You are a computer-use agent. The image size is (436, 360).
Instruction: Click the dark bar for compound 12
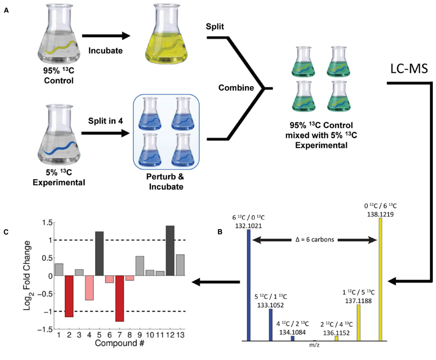point(170,251)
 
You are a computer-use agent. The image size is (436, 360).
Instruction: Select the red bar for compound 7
point(119,298)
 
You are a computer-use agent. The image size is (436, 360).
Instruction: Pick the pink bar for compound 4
point(89,288)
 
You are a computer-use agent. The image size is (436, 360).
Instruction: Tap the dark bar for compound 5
point(99,254)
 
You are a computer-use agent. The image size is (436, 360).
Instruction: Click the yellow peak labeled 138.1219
point(380,279)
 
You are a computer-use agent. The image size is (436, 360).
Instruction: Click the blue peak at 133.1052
point(271,324)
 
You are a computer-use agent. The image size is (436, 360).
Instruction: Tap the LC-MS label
point(409,69)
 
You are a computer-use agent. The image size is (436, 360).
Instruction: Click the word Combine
point(236,88)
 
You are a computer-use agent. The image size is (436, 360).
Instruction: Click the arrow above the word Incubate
point(106,36)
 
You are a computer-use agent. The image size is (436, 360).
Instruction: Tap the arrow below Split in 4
point(105,133)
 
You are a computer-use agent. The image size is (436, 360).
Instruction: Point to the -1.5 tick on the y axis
point(45,329)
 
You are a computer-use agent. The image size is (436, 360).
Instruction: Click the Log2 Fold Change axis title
point(27,275)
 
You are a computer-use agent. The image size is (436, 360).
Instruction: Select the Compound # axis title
point(119,343)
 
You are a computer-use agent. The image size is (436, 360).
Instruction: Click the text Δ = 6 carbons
point(315,240)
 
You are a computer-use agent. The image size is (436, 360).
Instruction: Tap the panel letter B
point(220,232)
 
